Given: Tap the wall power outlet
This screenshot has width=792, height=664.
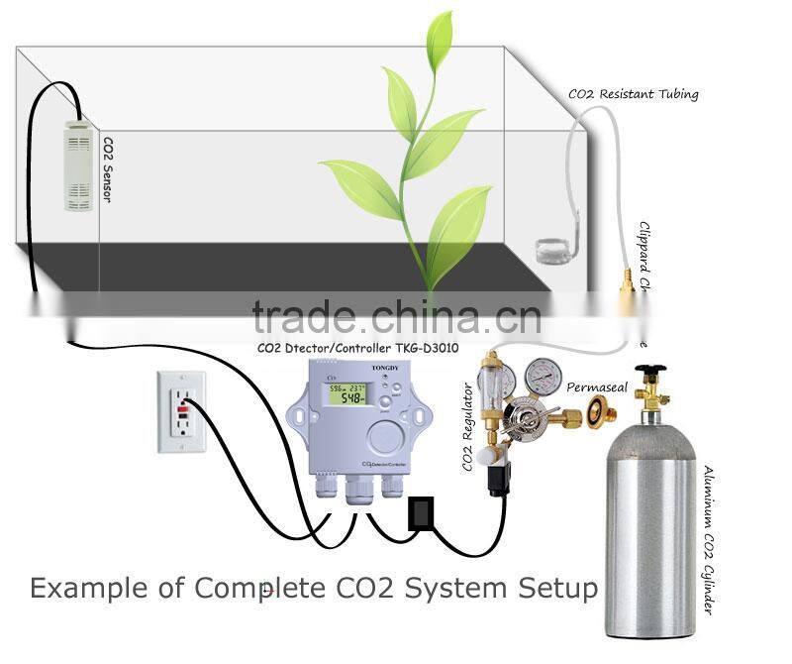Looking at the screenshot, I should pyautogui.click(x=181, y=411).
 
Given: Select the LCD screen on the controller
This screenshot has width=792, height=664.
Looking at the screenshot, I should pyautogui.click(x=348, y=392).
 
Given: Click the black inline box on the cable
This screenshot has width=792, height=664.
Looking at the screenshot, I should pyautogui.click(x=420, y=513).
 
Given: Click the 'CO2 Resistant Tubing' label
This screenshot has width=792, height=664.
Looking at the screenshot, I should pyautogui.click(x=633, y=95).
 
